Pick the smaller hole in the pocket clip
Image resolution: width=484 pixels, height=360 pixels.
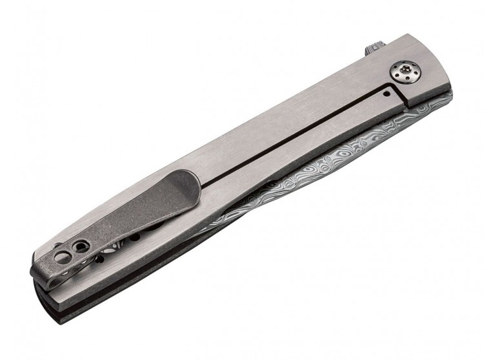[79, 246]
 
